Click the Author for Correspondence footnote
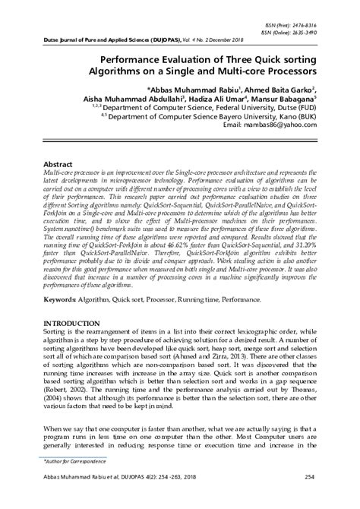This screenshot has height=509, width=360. (71, 462)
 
